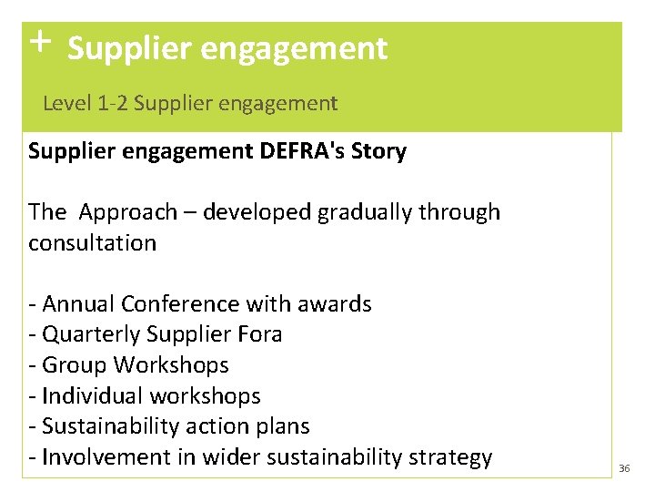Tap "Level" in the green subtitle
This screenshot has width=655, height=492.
[65, 104]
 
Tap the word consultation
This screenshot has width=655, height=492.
[92, 243]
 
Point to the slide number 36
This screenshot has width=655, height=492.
[624, 468]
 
